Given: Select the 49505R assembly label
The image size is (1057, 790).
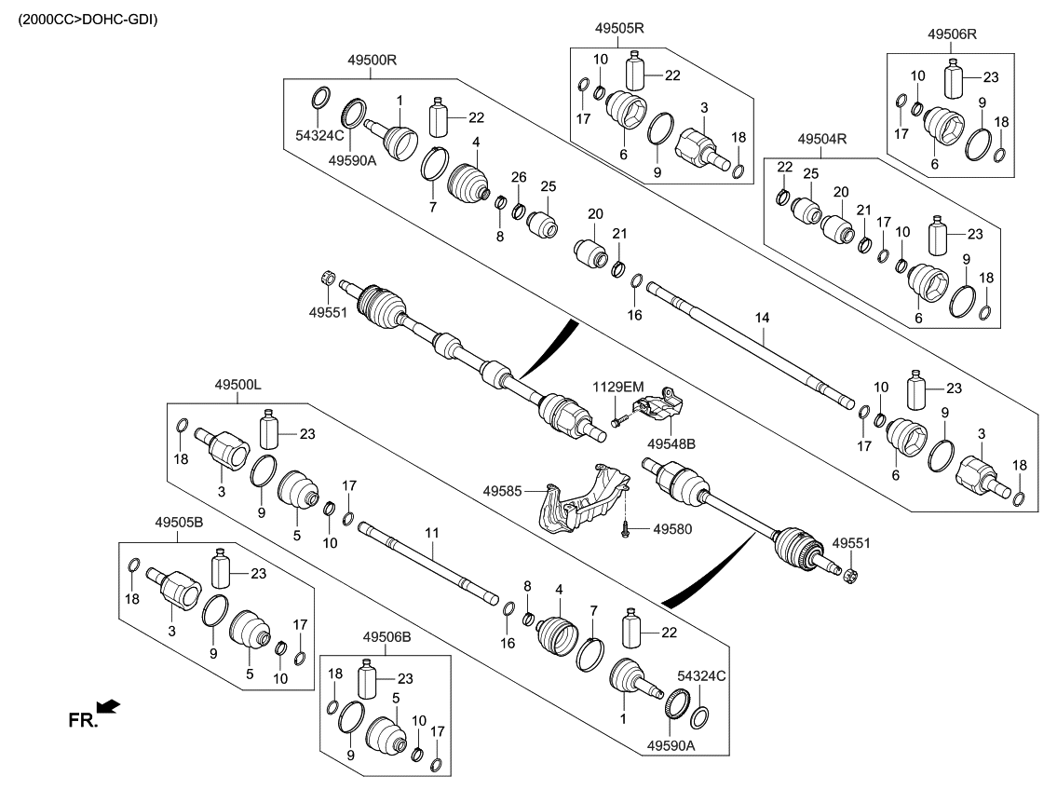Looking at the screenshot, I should pyautogui.click(x=620, y=28).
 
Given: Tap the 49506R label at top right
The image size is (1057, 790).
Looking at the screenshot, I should pyautogui.click(x=952, y=34).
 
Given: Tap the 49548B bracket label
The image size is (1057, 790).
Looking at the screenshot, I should pyautogui.click(x=671, y=443).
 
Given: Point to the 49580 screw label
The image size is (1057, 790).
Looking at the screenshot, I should pyautogui.click(x=673, y=528).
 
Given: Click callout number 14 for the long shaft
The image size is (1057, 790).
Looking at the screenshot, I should pyautogui.click(x=763, y=319).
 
